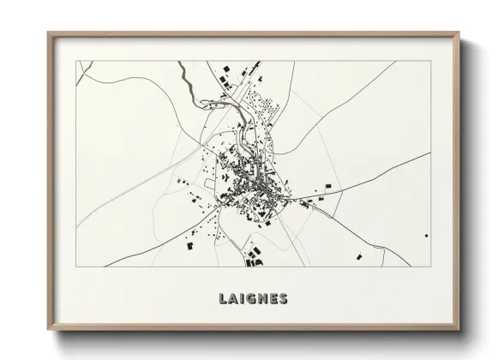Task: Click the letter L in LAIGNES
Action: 213,298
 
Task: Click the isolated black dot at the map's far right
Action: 426,234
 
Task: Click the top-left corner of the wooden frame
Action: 49,33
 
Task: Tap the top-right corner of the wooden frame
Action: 459,33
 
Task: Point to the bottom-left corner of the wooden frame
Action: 49,330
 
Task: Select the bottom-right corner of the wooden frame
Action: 459,330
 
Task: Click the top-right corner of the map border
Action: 430,61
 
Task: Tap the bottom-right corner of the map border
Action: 430,266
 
